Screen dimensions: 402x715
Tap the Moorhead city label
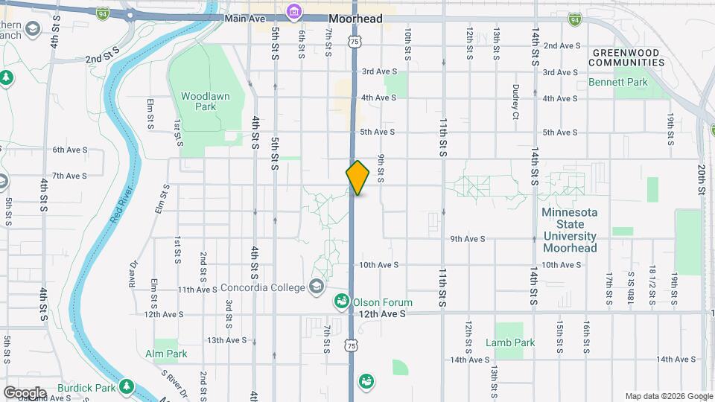tap(356, 19)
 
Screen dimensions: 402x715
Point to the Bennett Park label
tap(618, 83)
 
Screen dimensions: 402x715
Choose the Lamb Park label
tap(510, 343)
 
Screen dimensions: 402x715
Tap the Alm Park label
tap(166, 354)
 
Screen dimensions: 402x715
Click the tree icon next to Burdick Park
tap(127, 387)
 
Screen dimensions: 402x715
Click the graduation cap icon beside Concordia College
tap(317, 287)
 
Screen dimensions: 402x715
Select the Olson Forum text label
tap(383, 302)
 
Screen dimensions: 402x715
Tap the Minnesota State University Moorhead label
tap(570, 230)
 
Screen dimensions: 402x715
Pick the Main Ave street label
tap(246, 18)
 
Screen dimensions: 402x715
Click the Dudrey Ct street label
tap(515, 101)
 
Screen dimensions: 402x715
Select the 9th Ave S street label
tap(468, 239)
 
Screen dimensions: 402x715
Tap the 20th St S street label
tap(702, 179)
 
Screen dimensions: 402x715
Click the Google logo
tap(24, 393)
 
